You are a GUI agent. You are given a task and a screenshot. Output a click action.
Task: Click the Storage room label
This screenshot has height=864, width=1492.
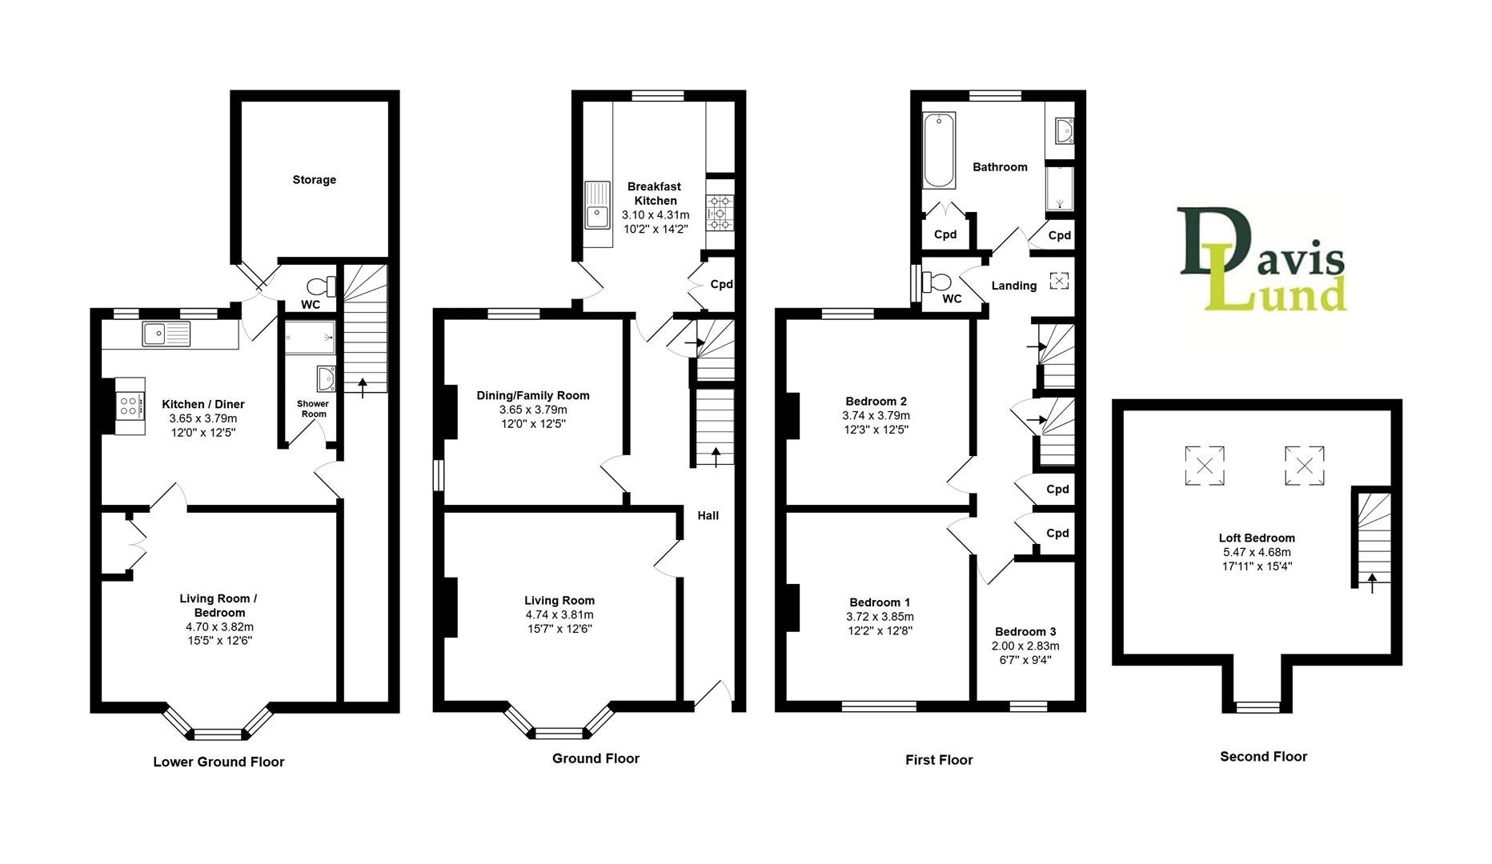(x=314, y=180)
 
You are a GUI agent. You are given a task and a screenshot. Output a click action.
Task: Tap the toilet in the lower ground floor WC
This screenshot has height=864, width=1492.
(x=323, y=286)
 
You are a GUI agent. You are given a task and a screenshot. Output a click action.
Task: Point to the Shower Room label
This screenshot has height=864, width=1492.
(x=313, y=409)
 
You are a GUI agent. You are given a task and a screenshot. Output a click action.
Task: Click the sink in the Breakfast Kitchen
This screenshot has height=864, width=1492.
(x=597, y=205)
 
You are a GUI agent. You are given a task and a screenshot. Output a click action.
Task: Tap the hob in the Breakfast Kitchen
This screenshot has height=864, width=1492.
(x=720, y=214)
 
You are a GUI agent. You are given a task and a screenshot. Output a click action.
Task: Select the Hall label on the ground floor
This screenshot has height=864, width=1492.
(x=708, y=516)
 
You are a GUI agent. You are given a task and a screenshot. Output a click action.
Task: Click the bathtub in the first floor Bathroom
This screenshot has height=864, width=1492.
(x=939, y=150)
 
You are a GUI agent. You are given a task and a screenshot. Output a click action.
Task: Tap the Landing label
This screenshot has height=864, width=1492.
(x=1013, y=286)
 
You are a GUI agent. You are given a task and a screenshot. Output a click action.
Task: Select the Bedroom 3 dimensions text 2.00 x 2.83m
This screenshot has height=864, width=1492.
(x=1025, y=646)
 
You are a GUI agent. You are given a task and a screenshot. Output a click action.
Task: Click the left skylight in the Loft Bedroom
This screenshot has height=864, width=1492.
(x=1204, y=465)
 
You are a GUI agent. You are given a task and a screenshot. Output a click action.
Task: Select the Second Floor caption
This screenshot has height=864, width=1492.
(x=1263, y=757)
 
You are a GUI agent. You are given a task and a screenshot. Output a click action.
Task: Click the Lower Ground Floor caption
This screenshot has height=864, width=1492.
(x=219, y=762)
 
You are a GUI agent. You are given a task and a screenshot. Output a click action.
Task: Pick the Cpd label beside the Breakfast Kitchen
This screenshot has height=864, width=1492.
(x=721, y=285)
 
